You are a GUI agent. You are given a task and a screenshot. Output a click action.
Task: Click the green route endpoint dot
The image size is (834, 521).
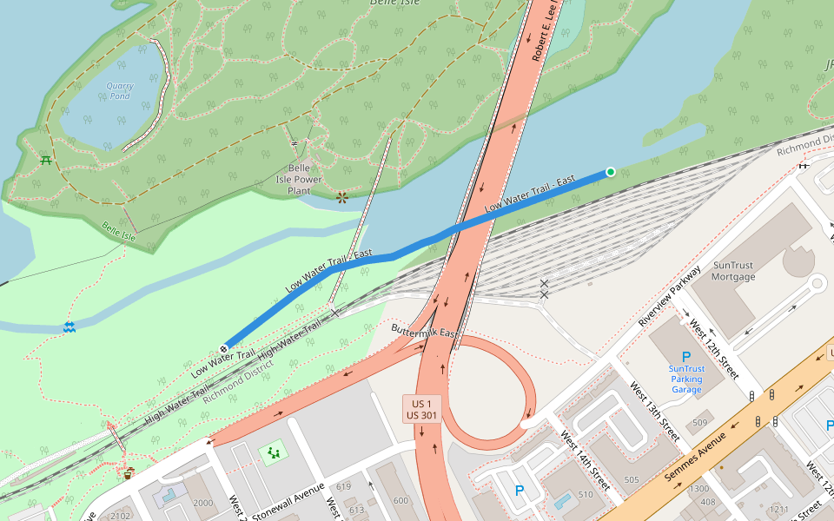[x=611, y=172]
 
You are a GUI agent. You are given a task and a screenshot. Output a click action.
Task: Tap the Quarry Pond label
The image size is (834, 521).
[x=120, y=90]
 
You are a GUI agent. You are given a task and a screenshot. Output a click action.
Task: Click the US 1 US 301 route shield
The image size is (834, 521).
[x=422, y=408]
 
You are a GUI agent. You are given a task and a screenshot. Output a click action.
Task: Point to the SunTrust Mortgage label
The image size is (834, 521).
[x=733, y=271]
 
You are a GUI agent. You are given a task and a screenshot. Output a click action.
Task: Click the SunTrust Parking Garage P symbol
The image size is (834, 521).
[x=686, y=357]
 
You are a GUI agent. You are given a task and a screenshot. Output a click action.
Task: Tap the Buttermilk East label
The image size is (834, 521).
[x=424, y=333]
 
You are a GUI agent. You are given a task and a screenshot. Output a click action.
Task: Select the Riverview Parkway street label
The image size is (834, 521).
[x=669, y=295]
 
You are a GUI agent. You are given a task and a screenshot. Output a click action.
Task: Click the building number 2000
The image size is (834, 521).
[x=202, y=503]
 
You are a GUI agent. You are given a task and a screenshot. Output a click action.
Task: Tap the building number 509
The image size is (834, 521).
[x=699, y=423]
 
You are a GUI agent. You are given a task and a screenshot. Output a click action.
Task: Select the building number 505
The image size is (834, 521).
[x=632, y=479]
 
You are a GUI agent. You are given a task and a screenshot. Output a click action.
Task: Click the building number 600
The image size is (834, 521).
[x=400, y=500]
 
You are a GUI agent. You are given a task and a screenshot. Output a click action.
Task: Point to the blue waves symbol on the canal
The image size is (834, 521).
[x=69, y=327]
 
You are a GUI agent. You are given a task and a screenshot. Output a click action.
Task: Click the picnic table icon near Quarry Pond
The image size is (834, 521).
[x=44, y=160]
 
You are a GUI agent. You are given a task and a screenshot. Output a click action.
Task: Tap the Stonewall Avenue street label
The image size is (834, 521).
[x=288, y=499]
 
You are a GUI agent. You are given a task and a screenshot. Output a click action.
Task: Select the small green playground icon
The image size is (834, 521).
[x=275, y=452]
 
